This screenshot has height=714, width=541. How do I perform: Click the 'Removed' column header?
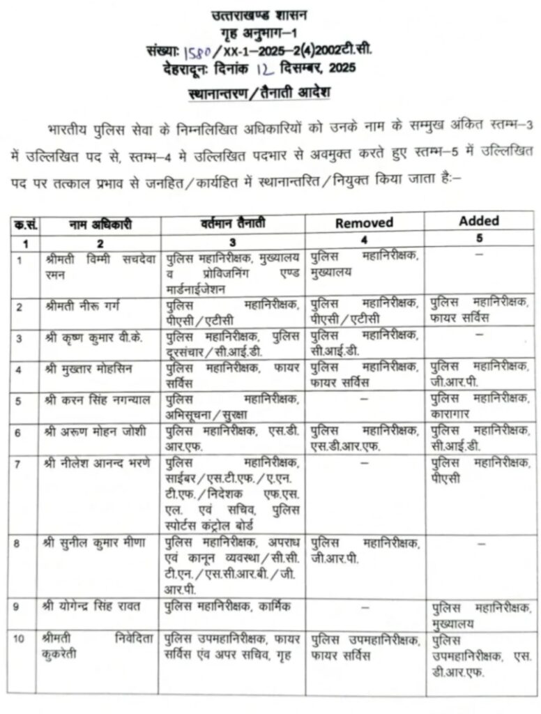[364, 223]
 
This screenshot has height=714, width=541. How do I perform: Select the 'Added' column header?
[479, 220]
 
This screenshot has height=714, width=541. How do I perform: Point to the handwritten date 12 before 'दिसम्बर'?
[263, 68]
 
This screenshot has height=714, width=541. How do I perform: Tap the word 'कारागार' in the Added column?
[453, 412]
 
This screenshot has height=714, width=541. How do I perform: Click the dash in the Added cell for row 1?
[479, 256]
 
